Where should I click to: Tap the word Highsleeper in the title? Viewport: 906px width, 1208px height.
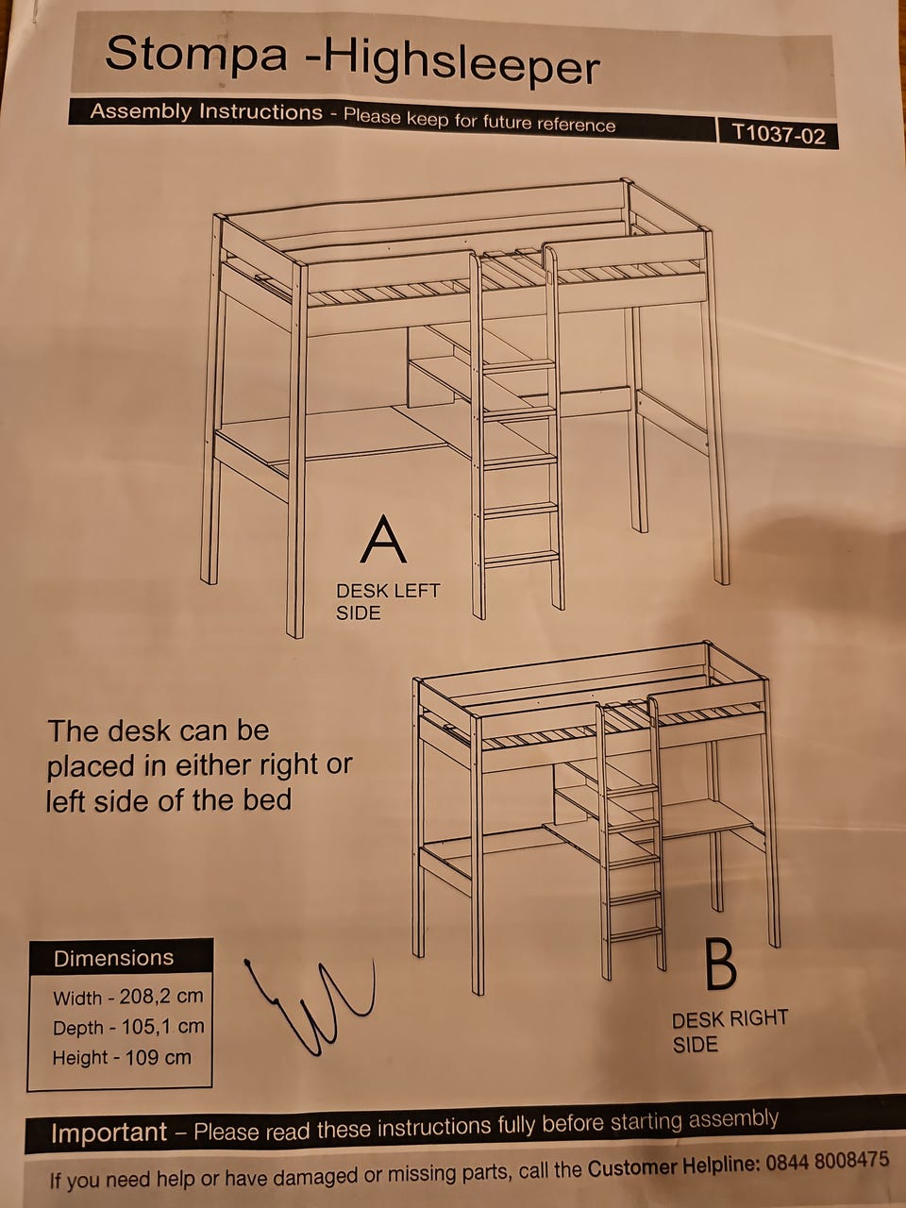[461, 64]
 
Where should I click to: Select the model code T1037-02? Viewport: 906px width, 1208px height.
[779, 134]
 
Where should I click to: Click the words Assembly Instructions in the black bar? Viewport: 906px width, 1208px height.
[207, 111]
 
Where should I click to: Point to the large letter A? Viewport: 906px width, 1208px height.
[383, 539]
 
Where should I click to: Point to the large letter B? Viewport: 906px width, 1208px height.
[720, 964]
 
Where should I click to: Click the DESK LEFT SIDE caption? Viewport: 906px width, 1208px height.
[387, 601]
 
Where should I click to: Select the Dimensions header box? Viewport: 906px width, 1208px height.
[121, 958]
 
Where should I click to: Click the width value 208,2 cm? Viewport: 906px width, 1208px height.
[161, 997]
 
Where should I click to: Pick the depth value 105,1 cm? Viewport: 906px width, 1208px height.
[161, 1027]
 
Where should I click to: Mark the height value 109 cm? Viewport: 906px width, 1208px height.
[158, 1057]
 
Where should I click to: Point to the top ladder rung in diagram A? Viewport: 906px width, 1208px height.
[519, 365]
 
